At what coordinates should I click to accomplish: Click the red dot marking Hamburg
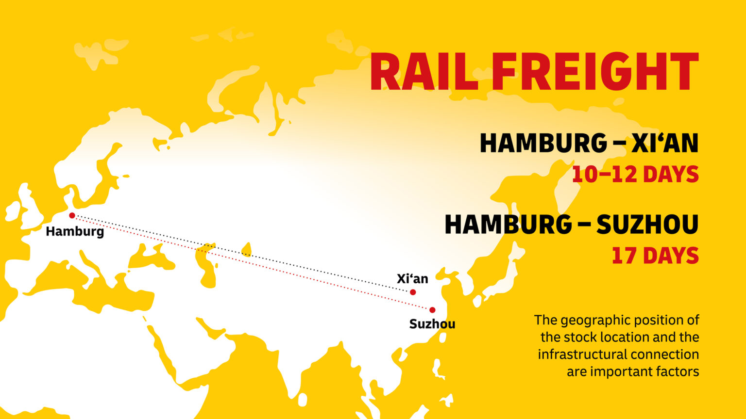click(x=72, y=215)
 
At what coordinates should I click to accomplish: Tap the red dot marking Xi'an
click(x=413, y=292)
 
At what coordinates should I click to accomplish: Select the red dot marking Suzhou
click(x=432, y=310)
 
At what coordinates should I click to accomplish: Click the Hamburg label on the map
click(x=75, y=231)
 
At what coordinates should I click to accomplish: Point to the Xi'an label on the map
click(x=412, y=278)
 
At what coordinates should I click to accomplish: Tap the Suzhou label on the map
click(x=432, y=324)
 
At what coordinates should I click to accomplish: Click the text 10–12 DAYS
click(x=635, y=175)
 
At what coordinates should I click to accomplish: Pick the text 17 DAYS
click(x=655, y=256)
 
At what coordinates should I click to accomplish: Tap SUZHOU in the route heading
click(x=647, y=225)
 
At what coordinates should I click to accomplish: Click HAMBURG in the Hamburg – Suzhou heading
click(x=508, y=225)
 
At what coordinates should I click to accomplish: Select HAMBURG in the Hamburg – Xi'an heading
click(x=543, y=144)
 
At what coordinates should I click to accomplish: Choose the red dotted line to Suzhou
click(x=253, y=262)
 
